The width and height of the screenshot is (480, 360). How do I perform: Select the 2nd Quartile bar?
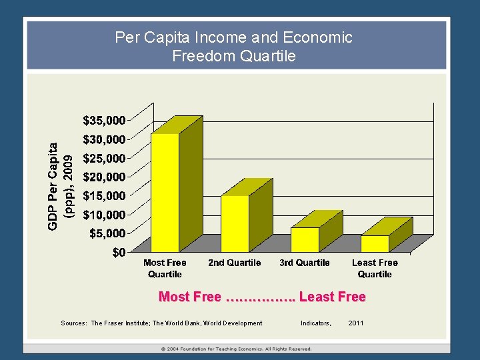point(235,223)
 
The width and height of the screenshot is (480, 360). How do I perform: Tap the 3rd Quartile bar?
point(305,239)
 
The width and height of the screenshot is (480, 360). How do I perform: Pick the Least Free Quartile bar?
point(375,243)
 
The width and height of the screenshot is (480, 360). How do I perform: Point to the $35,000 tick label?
point(104,121)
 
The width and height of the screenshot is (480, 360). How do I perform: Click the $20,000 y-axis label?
point(104,177)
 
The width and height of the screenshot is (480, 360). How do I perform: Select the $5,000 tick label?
point(107,233)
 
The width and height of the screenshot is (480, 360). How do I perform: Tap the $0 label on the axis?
point(119,252)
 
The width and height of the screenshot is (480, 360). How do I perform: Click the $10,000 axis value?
point(104,215)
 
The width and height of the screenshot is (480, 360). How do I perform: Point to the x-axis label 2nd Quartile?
point(235,263)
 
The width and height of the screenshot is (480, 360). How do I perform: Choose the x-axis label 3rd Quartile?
point(305,263)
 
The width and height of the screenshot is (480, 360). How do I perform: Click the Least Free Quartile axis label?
point(375,269)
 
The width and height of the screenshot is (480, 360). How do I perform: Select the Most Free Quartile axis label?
point(165,269)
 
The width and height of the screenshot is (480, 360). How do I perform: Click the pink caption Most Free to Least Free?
point(262,297)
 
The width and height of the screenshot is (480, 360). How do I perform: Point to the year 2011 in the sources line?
point(357,323)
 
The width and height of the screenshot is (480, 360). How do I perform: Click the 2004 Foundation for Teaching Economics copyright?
point(237,349)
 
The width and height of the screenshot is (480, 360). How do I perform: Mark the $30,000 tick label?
point(104,139)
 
